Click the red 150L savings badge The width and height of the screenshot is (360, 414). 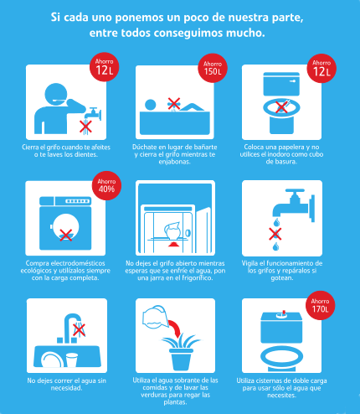[213, 68]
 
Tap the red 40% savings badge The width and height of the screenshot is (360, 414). [106, 185]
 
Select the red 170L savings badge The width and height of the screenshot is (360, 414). [320, 305]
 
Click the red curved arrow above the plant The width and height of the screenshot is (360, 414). [175, 328]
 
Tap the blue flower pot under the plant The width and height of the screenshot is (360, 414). [181, 360]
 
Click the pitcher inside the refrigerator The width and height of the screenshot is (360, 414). [172, 230]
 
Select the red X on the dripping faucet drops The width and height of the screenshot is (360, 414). [275, 234]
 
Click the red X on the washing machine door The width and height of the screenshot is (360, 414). [66, 235]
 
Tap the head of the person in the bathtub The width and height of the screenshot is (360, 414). [151, 105]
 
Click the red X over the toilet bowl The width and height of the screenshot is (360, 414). [282, 106]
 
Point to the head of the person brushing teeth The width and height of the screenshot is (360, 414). [56, 94]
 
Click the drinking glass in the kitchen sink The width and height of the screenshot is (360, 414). [72, 360]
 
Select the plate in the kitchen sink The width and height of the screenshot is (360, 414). [52, 360]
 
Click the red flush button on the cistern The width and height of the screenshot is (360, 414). [284, 313]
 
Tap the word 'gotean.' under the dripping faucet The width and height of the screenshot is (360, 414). [282, 278]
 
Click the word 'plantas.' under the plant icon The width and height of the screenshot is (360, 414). [175, 402]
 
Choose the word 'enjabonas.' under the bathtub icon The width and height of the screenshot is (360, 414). [175, 162]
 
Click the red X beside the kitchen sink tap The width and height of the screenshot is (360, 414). [79, 330]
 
